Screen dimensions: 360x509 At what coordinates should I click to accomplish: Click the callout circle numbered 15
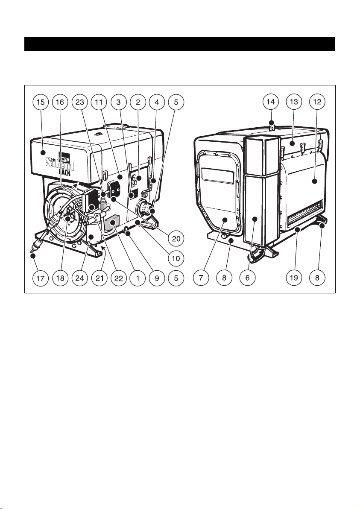coord(41,102)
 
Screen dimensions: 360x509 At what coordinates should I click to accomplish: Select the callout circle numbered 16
coord(60,102)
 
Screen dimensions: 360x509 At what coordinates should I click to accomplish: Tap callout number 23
coord(79,102)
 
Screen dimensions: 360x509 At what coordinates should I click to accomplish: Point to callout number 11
coord(99,102)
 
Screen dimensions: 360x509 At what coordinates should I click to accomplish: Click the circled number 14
coord(270,102)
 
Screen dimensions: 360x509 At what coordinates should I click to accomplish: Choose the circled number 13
coord(294,102)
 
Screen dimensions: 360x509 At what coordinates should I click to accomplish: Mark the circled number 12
coord(317,102)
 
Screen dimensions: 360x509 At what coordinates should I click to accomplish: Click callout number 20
coord(176,239)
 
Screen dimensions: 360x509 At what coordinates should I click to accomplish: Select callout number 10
coord(176,258)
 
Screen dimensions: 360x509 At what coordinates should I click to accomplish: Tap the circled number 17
coord(41,278)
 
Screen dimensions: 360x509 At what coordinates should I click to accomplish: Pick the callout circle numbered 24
coord(79,278)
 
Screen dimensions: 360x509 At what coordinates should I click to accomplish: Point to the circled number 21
coord(100,278)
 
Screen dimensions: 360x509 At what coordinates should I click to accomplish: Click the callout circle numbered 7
coord(201,278)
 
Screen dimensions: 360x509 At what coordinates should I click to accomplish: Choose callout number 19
coord(294,278)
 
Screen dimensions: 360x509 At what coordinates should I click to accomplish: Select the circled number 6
coord(247,278)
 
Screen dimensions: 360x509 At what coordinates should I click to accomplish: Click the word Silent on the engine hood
coord(60,164)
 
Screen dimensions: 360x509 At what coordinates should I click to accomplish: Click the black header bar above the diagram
coord(180,44)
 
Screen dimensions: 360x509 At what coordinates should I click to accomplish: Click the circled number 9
coord(157,278)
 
